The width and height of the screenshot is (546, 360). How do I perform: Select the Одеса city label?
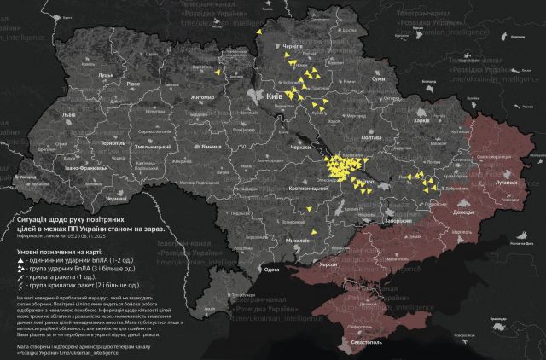(272, 269)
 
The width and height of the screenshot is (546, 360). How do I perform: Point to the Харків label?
(421, 120)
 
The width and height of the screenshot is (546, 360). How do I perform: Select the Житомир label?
(202, 98)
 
